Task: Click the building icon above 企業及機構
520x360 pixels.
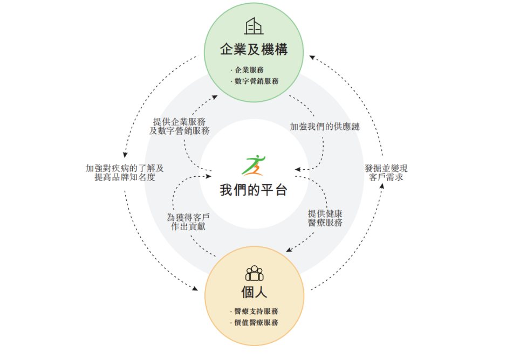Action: (x=254, y=26)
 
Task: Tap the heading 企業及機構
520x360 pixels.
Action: (x=254, y=50)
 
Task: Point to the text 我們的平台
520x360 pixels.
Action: (x=254, y=190)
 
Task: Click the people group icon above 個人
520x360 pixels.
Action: (x=254, y=273)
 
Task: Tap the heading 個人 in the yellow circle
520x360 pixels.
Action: (x=254, y=293)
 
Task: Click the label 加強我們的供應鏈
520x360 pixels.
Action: (x=325, y=127)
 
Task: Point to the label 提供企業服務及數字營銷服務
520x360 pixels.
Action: (x=181, y=126)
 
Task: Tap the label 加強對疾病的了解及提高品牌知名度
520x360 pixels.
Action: (x=125, y=172)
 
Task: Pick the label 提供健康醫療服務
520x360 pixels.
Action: (x=325, y=218)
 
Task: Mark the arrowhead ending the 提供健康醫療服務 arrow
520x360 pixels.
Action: (x=289, y=250)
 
